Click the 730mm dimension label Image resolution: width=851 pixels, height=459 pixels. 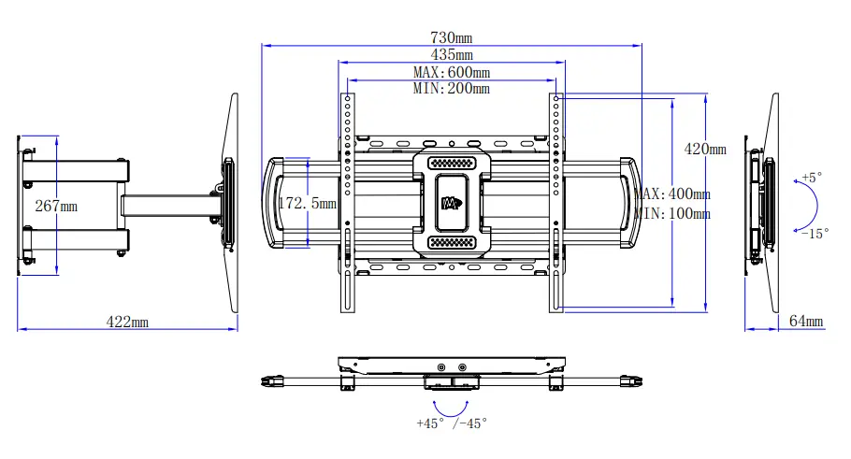tap(451, 37)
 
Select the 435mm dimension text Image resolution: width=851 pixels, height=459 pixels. tap(451, 55)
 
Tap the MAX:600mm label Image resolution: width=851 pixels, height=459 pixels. tap(451, 72)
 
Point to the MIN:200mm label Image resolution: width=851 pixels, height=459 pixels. tap(451, 89)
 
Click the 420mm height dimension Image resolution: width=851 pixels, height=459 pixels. tap(705, 149)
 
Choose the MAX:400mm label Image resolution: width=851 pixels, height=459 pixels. tap(672, 194)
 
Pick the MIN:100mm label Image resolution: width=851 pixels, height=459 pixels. tap(672, 213)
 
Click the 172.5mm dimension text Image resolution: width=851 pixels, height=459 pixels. tap(308, 202)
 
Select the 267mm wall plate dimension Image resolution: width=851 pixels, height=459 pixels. tap(56, 206)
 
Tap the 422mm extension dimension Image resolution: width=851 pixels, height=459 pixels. tap(127, 322)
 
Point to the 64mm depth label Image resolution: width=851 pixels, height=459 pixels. tap(806, 322)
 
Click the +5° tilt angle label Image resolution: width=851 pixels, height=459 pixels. tap(813, 176)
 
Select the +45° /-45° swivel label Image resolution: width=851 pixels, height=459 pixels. tap(452, 423)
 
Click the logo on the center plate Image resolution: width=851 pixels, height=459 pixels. tap(452, 202)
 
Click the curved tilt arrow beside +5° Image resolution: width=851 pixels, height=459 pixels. tap(811, 205)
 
